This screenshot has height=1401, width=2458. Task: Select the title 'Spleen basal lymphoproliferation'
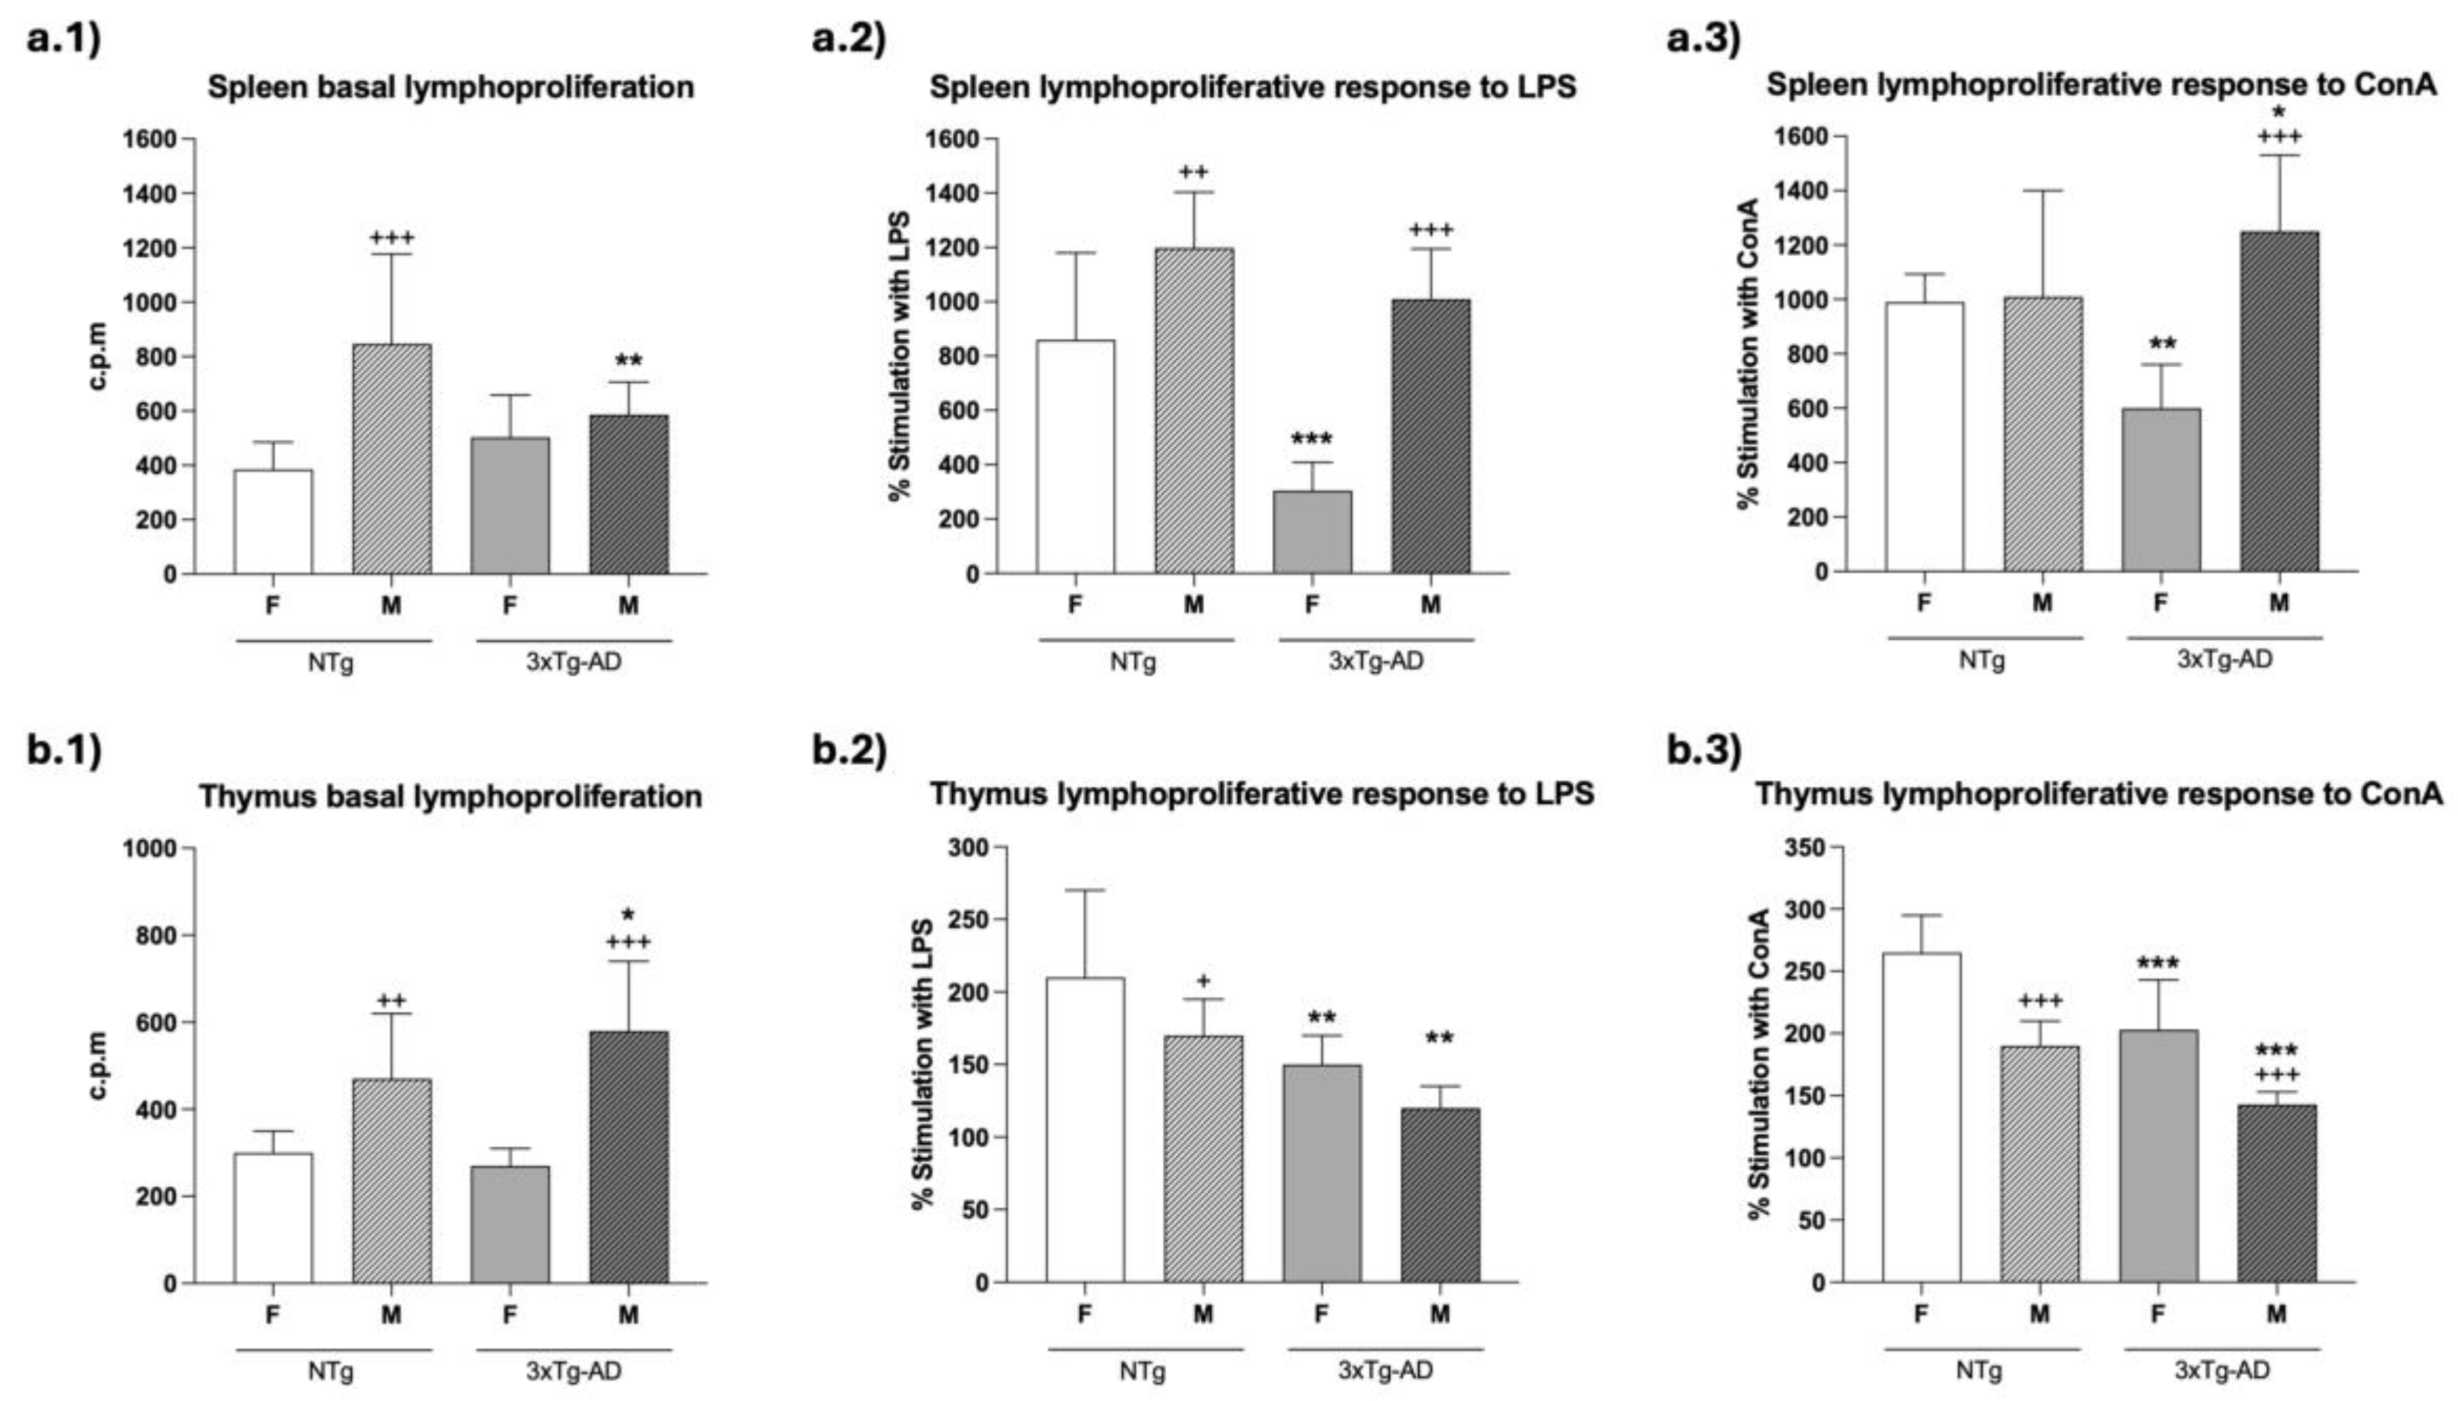[450, 87]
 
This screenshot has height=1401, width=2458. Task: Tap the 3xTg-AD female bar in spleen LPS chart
[1312, 532]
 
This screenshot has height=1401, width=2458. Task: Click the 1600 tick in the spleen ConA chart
[1801, 136]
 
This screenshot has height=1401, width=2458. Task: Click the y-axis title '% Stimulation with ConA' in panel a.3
[1749, 353]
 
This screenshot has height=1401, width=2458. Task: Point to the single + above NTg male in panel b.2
[1203, 981]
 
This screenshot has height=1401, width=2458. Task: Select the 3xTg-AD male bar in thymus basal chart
[629, 1157]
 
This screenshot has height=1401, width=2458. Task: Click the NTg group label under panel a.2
[1133, 662]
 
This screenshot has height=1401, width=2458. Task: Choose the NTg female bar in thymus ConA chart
[1921, 1117]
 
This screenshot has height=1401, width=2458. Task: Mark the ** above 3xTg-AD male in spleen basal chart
[629, 362]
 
